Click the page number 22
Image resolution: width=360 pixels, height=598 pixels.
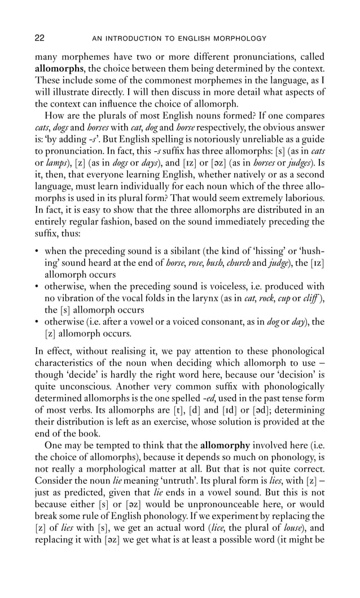40,38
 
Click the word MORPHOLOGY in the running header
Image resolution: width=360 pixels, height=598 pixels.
242,39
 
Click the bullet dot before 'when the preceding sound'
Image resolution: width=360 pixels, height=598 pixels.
37,251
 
